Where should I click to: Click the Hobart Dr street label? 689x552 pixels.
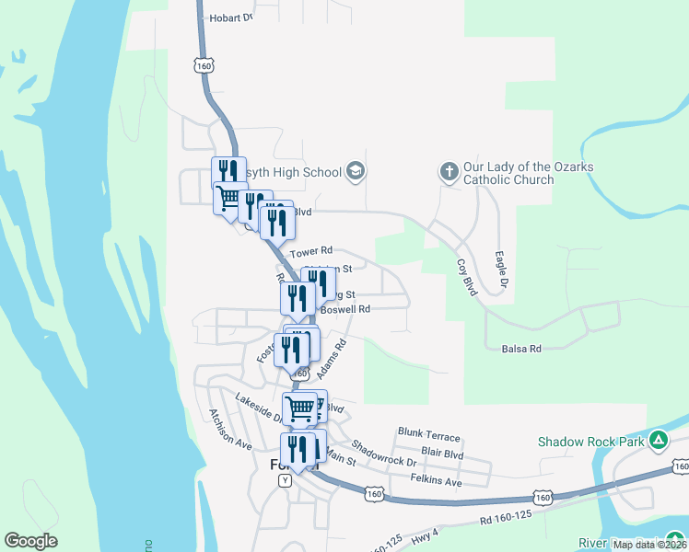pyautogui.click(x=230, y=17)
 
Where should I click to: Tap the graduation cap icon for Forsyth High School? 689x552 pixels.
pyautogui.click(x=356, y=171)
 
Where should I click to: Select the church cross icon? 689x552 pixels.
pyautogui.click(x=449, y=171)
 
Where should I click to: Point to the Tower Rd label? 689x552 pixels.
pyautogui.click(x=309, y=251)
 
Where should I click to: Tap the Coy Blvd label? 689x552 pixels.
pyautogui.click(x=467, y=276)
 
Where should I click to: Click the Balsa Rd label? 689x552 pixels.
pyautogui.click(x=521, y=349)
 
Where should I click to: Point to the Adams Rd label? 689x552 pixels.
pyautogui.click(x=330, y=360)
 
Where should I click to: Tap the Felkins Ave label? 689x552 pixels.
pyautogui.click(x=436, y=481)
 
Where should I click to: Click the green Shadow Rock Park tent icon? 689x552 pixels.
pyautogui.click(x=658, y=442)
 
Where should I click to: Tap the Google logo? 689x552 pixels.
pyautogui.click(x=30, y=541)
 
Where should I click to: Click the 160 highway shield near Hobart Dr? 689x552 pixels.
pyautogui.click(x=204, y=65)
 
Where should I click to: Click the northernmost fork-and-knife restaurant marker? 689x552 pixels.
pyautogui.click(x=228, y=171)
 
